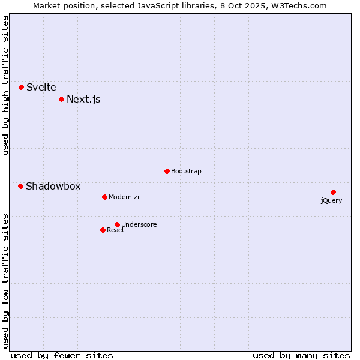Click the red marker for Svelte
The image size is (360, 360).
coord(21,87)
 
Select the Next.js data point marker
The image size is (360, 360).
coord(61,99)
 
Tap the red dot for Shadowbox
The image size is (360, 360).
coord(20,186)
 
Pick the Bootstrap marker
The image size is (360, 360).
coord(167,171)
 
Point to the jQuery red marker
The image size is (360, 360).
coord(333,192)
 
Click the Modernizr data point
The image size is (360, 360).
coord(104,197)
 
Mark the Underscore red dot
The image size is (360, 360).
coord(117,224)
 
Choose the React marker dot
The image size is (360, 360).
coord(103,230)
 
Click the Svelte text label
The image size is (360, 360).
coord(41,87)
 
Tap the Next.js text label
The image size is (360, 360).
coord(83,99)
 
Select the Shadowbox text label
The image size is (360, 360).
coord(53,186)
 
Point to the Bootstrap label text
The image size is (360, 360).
coord(186,171)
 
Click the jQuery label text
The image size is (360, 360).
coord(331,200)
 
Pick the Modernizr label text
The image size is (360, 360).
coord(124,197)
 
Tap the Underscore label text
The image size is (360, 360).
coord(139,224)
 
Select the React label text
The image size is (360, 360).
coord(116,230)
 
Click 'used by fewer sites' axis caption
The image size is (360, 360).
coord(62,355)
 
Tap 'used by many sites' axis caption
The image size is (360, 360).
coord(301,355)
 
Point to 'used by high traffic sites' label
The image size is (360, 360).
coord(5,85)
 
